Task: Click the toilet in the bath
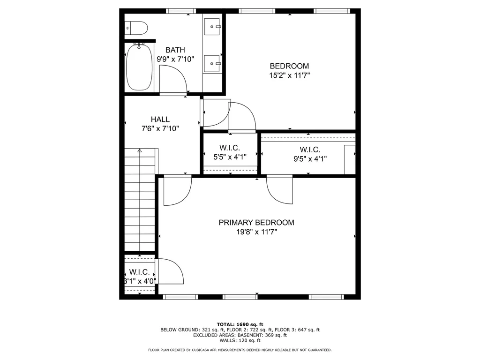(136, 28)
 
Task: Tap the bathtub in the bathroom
(139, 67)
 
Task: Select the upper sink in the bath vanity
(212, 27)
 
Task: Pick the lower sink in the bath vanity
(212, 64)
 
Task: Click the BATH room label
(175, 50)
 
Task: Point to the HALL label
(160, 120)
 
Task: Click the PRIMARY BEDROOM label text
(256, 223)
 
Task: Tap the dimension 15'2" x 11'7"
(290, 75)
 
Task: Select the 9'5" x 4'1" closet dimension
(310, 159)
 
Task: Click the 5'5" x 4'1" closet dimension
(230, 157)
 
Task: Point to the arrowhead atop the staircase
(140, 150)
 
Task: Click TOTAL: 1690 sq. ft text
(240, 324)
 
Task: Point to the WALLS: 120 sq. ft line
(240, 340)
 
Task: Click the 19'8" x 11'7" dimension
(256, 232)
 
